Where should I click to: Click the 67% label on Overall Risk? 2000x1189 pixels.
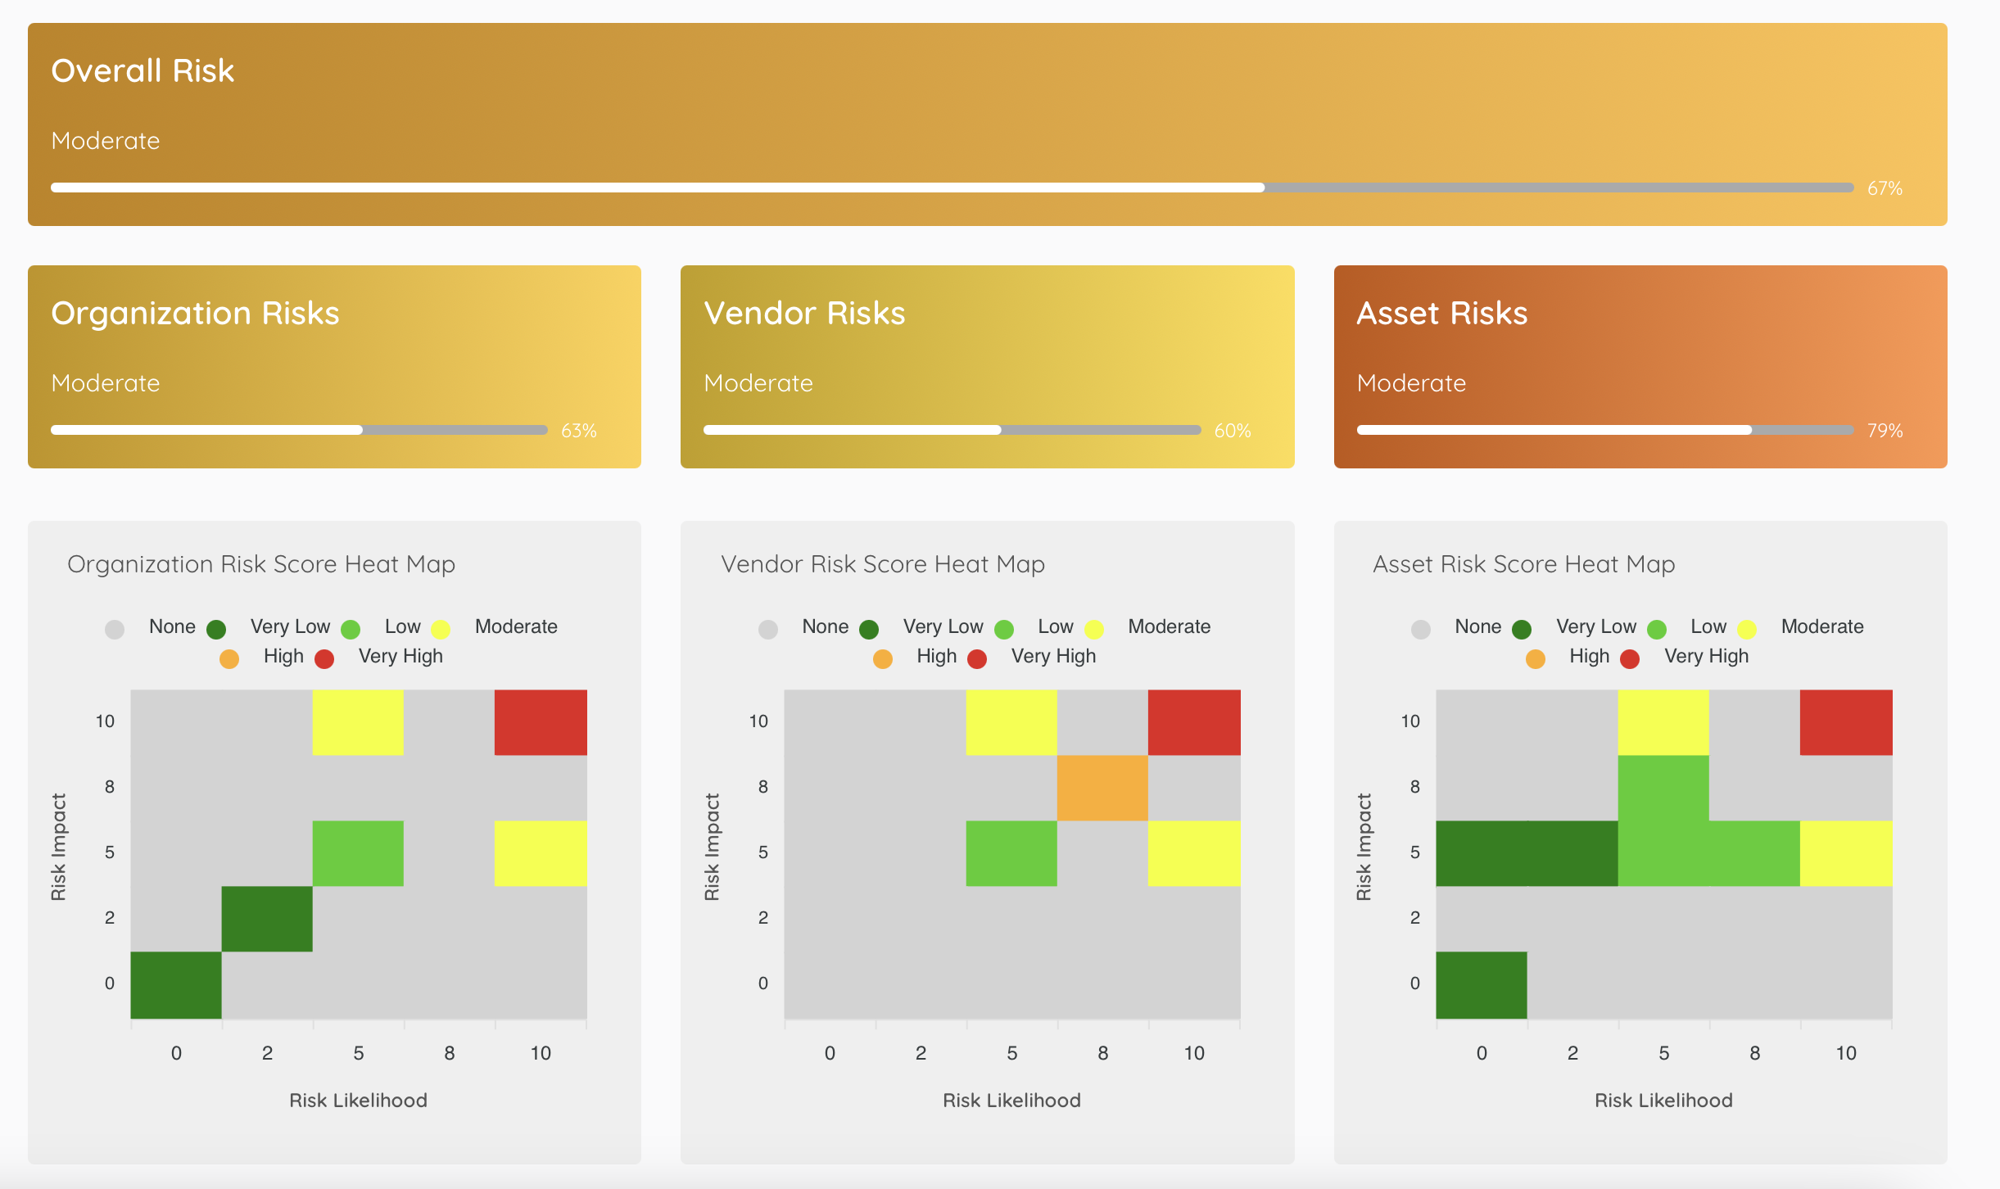click(x=1885, y=188)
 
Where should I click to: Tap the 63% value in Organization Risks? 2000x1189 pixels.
click(x=578, y=431)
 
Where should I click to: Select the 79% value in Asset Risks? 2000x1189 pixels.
click(x=1885, y=431)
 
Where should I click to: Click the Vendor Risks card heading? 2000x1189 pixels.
click(x=804, y=314)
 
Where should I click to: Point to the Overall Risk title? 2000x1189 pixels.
click(x=143, y=71)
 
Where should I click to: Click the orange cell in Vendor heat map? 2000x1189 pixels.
click(x=1102, y=788)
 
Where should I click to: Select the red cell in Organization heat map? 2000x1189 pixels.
click(x=541, y=722)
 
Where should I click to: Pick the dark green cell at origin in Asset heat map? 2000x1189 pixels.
click(x=1481, y=984)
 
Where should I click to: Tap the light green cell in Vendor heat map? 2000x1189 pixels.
click(x=1011, y=853)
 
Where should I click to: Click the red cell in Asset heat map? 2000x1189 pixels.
click(x=1846, y=722)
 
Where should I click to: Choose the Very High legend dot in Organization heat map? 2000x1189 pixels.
click(x=324, y=659)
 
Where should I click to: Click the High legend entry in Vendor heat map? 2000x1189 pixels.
click(x=936, y=656)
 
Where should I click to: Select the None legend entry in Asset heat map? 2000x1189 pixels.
click(x=1477, y=626)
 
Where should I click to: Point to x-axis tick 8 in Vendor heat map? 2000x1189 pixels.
click(x=1102, y=1053)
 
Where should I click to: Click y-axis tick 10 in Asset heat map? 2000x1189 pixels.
click(x=1410, y=721)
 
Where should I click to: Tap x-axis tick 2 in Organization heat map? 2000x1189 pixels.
click(x=267, y=1053)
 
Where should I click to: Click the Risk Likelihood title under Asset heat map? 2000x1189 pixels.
click(x=1663, y=1101)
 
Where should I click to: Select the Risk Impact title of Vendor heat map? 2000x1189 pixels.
click(x=712, y=847)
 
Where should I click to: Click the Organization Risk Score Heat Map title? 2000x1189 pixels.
click(x=260, y=564)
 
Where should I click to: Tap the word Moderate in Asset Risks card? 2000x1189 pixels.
click(x=1411, y=383)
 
